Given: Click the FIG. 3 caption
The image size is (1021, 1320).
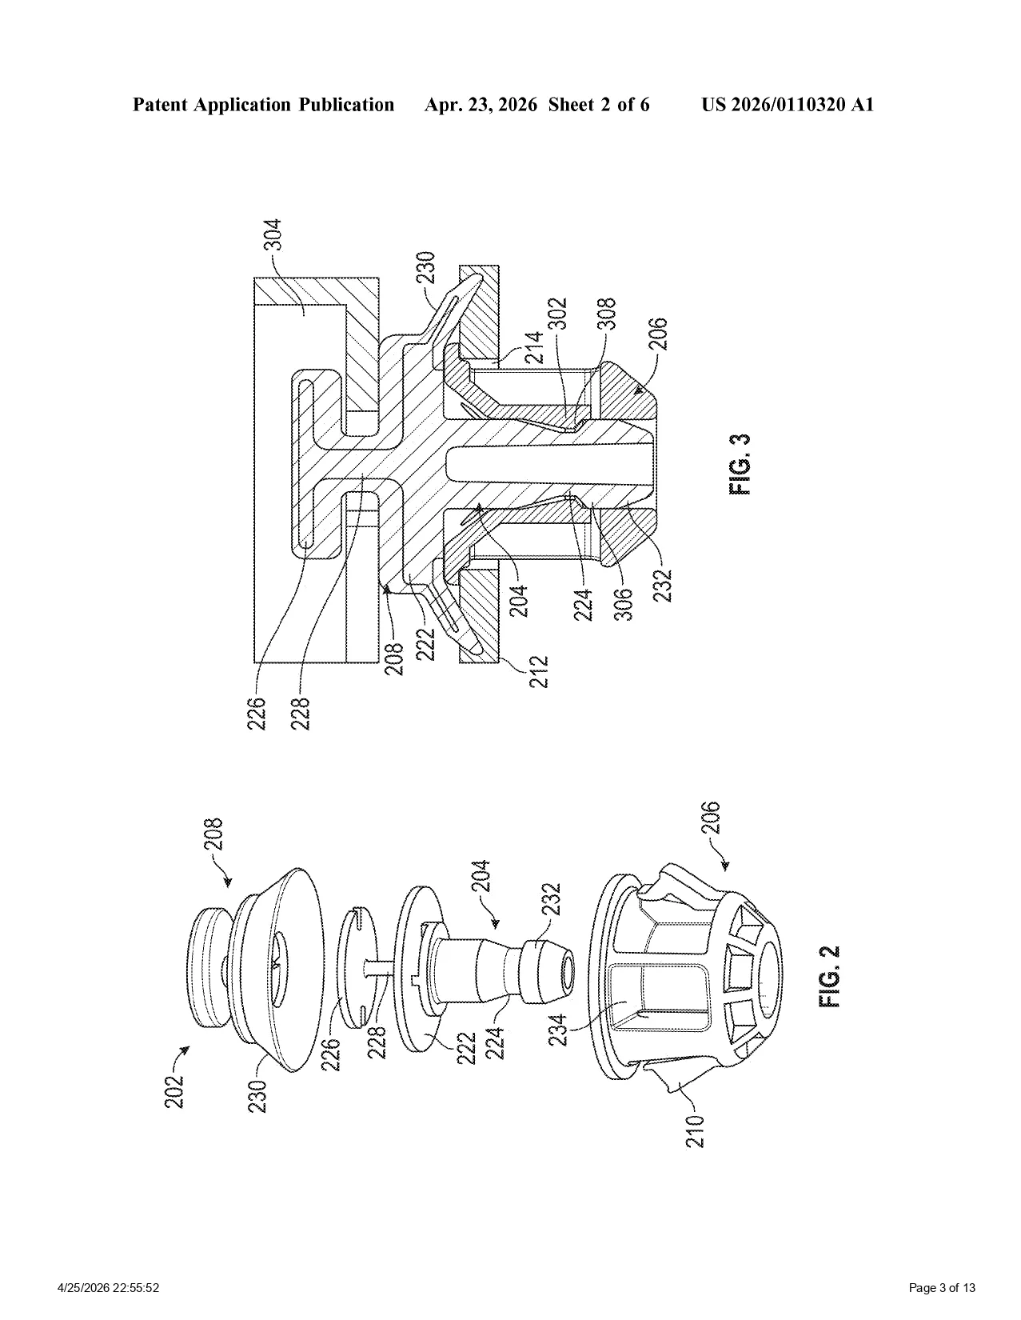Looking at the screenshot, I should (x=740, y=464).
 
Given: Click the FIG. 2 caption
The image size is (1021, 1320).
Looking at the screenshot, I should (x=831, y=976).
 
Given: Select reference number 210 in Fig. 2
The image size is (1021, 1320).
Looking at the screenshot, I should (x=696, y=1130).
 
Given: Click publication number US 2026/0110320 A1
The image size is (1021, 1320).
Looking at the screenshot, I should (x=788, y=105).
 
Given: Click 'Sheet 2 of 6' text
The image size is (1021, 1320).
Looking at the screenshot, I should (x=599, y=105).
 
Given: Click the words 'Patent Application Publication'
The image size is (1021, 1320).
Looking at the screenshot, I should (x=263, y=105).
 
